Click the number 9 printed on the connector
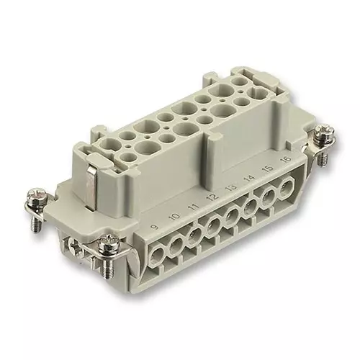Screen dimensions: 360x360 click(156, 227)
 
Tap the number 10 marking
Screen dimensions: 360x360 click(175, 217)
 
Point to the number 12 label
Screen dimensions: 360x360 click(212, 197)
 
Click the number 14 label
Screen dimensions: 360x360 click(250, 178)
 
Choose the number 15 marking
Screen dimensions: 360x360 click(268, 168)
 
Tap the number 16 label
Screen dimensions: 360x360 click(286, 159)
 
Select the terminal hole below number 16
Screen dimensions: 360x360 click(287, 186)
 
